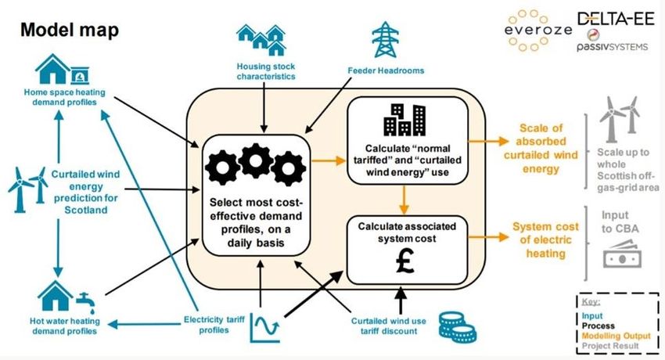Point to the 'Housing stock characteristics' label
point(267,73)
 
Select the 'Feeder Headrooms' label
point(385,70)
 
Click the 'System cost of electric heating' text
point(546,239)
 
